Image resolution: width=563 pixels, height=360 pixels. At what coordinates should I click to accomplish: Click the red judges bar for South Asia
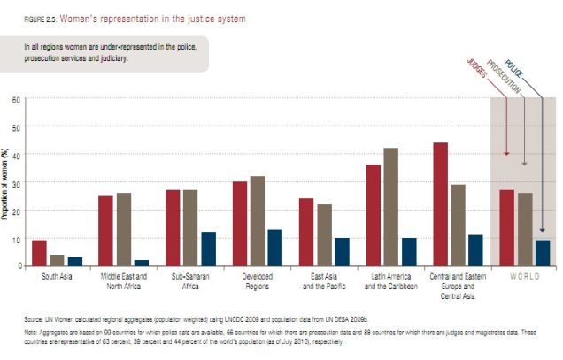pyautogui.click(x=39, y=253)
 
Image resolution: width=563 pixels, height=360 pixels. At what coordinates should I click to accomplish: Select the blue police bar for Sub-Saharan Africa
pyautogui.click(x=208, y=249)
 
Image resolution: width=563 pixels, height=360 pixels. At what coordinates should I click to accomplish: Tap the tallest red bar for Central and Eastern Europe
pyautogui.click(x=440, y=204)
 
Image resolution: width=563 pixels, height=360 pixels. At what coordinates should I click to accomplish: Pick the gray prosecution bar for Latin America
pyautogui.click(x=390, y=207)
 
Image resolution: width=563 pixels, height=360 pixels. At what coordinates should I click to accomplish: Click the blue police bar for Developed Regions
pyautogui.click(x=274, y=248)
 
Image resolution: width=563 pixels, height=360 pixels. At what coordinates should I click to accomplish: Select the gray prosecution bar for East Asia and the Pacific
pyautogui.click(x=324, y=235)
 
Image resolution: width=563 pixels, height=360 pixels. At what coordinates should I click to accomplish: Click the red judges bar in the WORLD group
pyautogui.click(x=506, y=228)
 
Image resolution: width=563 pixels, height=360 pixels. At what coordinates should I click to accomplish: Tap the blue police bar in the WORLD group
pyautogui.click(x=542, y=253)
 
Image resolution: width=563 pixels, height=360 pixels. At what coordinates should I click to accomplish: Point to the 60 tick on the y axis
pyautogui.click(x=16, y=99)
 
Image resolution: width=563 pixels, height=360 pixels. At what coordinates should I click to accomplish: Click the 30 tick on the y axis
pyautogui.click(x=16, y=182)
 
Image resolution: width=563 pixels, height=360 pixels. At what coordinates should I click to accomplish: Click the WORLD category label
pyautogui.click(x=524, y=276)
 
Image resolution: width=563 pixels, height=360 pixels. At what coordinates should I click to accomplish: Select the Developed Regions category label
pyautogui.click(x=258, y=280)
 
